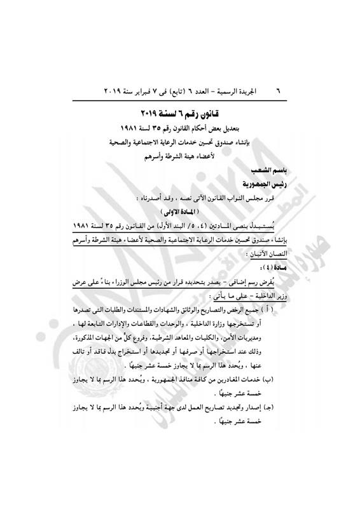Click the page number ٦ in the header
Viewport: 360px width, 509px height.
coord(277,90)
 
